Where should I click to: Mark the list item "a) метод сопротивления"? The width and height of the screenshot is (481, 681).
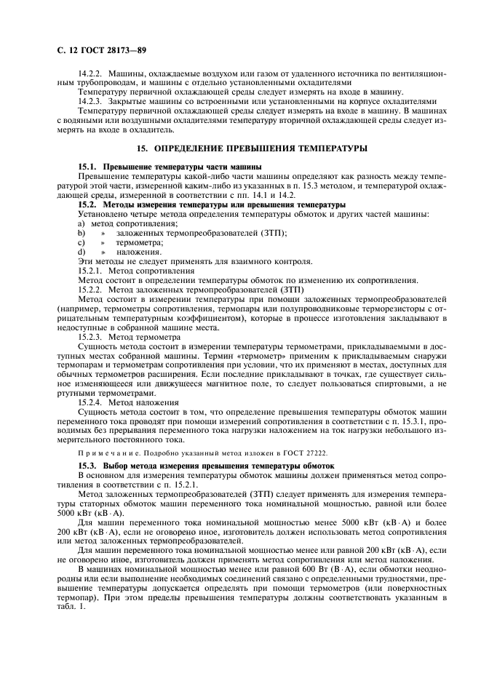[116, 224]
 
